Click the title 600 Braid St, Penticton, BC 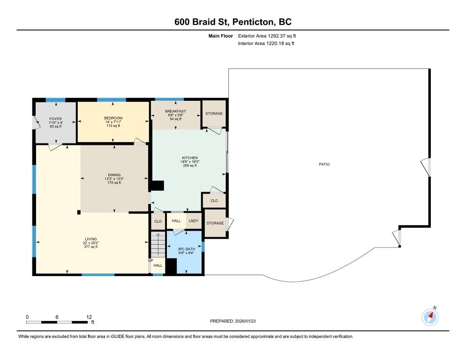coord(233,22)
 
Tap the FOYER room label coord(56,119)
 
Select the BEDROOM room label coord(113,118)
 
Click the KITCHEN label coord(190,158)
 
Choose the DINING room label coord(114,175)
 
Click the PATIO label coord(324,165)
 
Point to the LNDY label coord(193,221)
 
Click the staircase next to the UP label coord(158,244)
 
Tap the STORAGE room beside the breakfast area coord(214,113)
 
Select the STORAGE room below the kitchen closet coord(215,223)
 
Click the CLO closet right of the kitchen coord(214,201)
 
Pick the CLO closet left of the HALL coord(158,221)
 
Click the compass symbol coord(430,317)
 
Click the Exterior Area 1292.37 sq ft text coord(267,36)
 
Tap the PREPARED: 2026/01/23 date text coord(233,321)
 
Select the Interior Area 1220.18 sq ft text coord(266,44)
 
